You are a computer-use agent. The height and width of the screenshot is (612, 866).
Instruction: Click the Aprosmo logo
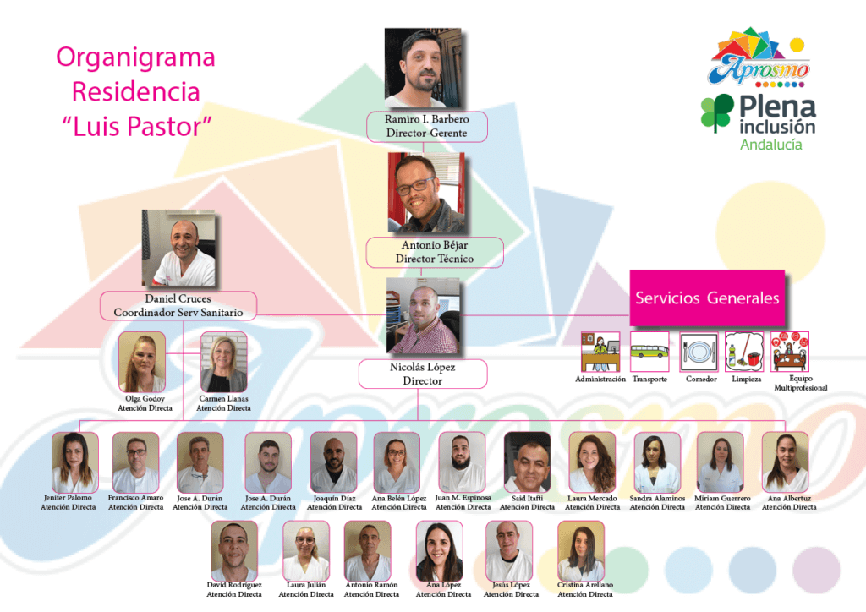pos(760,63)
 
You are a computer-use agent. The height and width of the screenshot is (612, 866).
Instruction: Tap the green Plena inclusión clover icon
pos(717,113)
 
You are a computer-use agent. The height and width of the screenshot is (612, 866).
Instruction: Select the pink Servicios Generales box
pos(707,298)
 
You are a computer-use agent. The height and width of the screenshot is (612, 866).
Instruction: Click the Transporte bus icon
pos(649,352)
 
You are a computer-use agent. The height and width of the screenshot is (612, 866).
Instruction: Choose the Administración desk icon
pos(600,352)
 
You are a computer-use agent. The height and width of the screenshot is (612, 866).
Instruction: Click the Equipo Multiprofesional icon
pos(790,352)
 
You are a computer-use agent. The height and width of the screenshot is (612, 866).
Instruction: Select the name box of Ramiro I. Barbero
pos(427,126)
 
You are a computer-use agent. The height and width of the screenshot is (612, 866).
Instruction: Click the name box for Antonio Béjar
pos(435,252)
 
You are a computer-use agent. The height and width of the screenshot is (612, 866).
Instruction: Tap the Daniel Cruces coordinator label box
pos(178,306)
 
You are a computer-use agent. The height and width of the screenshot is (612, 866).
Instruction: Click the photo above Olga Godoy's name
pos(142,362)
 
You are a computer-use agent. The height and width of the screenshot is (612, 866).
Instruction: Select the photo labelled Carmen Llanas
pos(223,362)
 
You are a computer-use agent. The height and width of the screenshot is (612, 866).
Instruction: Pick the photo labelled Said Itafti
pos(527,462)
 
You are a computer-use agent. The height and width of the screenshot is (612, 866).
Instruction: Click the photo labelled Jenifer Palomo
pos(74,462)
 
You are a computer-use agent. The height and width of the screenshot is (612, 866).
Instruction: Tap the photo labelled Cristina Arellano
pos(581,550)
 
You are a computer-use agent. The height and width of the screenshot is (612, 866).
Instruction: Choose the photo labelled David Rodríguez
pos(233,550)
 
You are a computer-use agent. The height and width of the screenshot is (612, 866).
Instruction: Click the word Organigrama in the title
pos(135,57)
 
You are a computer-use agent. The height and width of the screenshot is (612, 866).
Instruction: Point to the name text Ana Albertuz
pos(789,499)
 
